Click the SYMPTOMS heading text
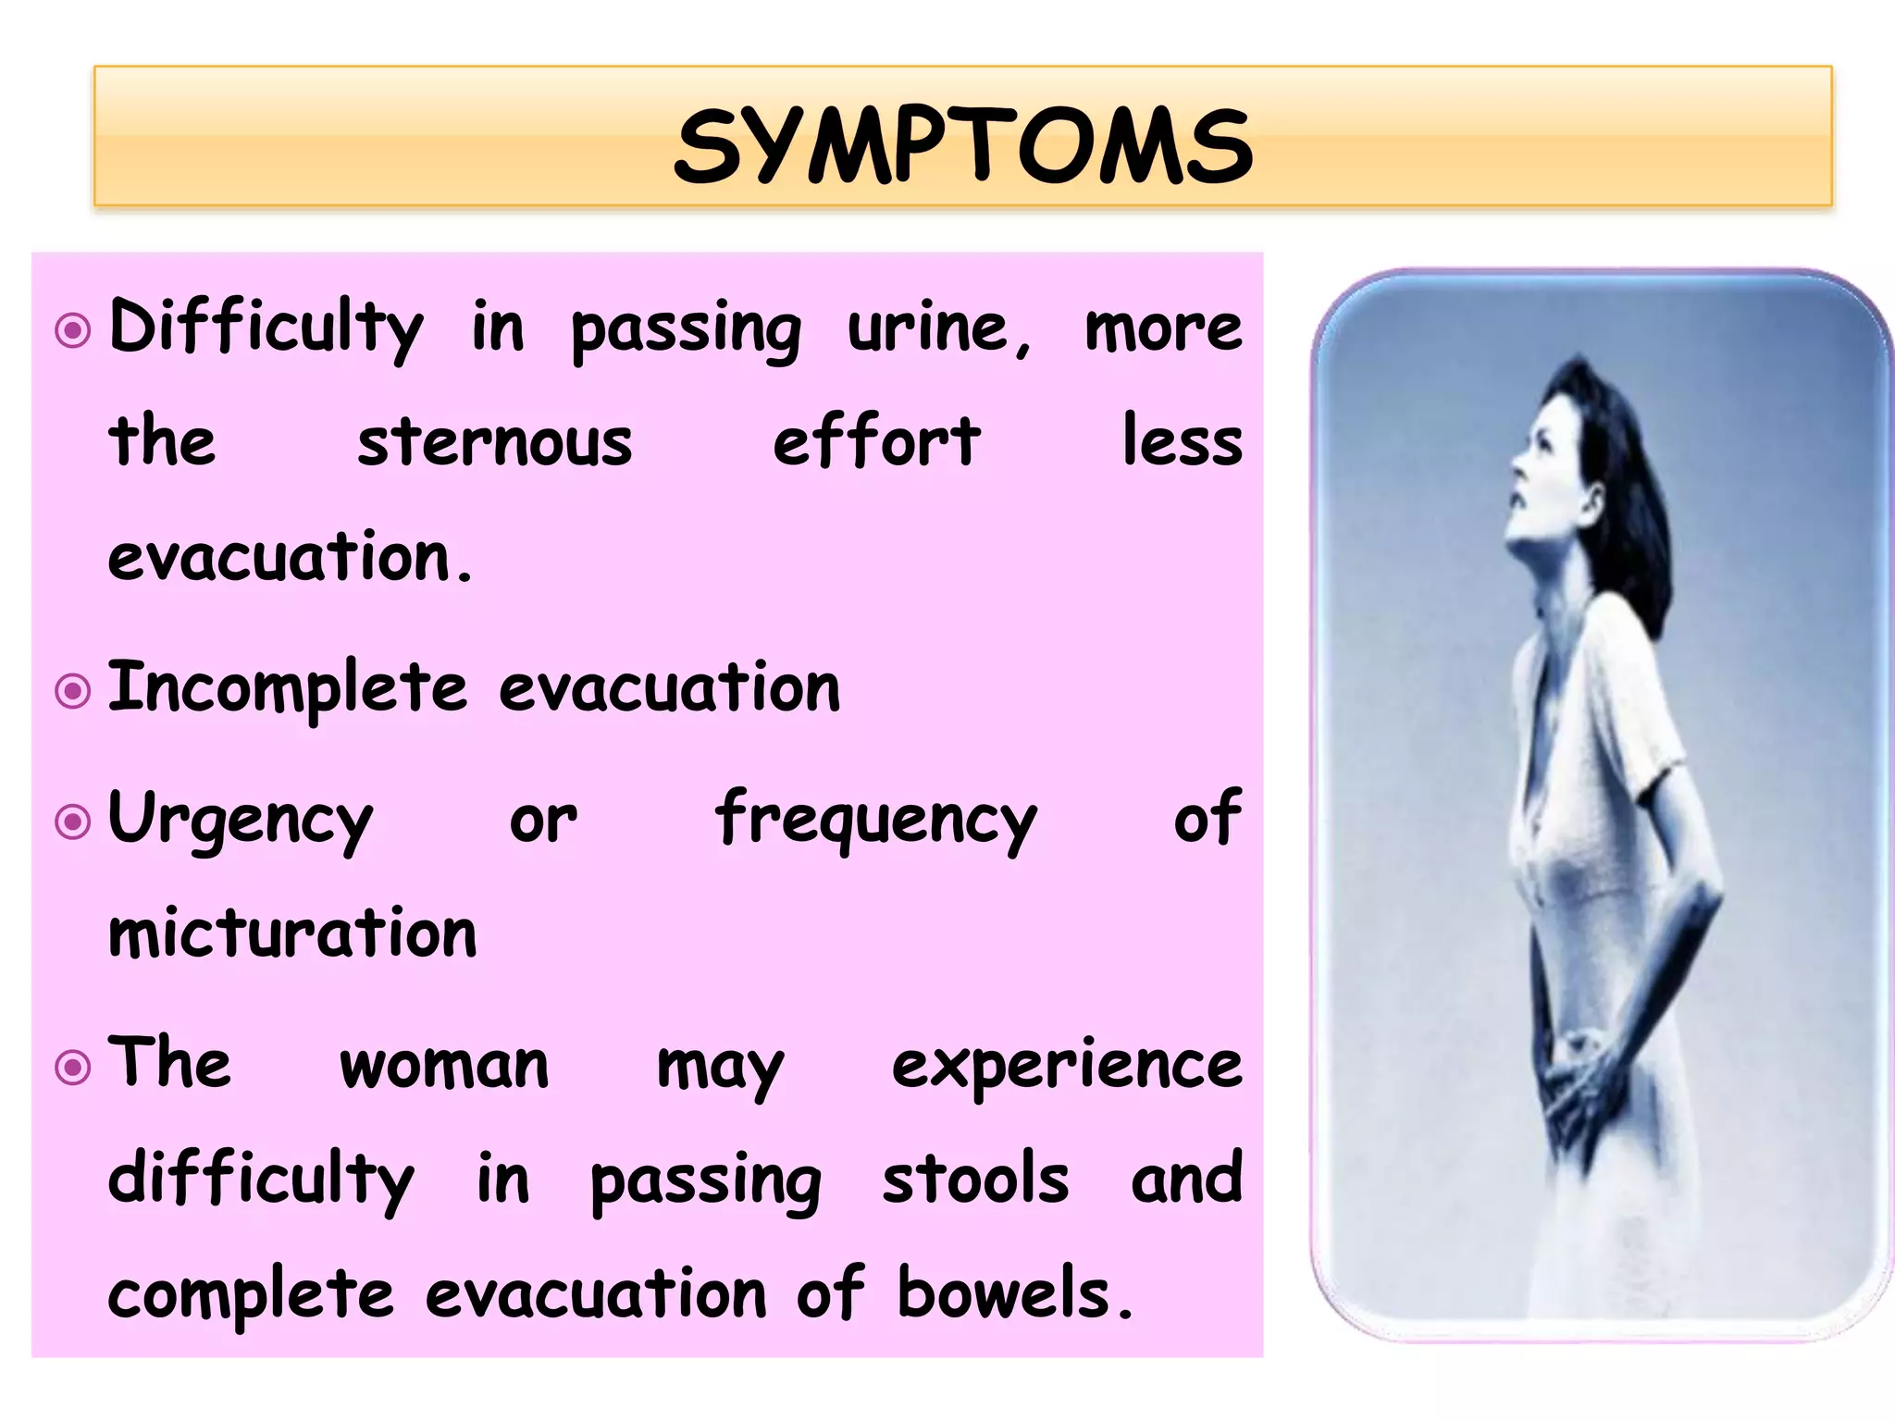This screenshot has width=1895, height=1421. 962,146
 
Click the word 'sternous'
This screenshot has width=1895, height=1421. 495,442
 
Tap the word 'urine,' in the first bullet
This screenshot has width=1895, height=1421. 939,328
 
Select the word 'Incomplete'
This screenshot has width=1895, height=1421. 288,688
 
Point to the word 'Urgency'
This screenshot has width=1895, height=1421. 241,820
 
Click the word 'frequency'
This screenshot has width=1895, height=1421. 875,820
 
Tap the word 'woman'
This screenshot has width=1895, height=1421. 444,1065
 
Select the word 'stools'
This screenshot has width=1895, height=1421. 975,1179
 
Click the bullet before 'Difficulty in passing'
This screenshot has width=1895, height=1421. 73,330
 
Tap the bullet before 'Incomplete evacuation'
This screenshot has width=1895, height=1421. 73,691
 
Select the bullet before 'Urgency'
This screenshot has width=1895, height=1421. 73,822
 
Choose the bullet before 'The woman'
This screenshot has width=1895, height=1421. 73,1068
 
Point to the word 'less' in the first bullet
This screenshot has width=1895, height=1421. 1182,442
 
